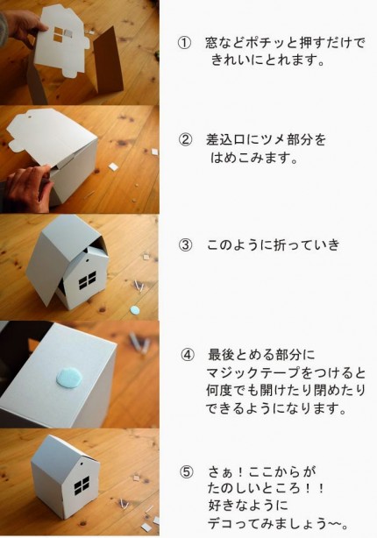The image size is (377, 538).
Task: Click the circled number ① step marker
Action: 184,43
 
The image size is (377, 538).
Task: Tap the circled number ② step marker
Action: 185,140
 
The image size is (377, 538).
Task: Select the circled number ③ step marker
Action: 185,245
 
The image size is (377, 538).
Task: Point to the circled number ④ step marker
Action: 188,355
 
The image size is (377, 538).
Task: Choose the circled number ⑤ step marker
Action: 187,472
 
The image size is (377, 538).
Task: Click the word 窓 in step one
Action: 212,43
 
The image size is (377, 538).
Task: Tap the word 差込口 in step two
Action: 225,140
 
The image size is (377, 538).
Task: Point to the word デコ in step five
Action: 222,524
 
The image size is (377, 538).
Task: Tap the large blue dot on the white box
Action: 69,378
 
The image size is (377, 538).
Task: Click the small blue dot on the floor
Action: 135,310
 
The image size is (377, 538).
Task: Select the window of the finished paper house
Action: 82,485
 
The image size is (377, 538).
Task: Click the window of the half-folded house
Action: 87,280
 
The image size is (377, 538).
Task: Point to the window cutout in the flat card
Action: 59,34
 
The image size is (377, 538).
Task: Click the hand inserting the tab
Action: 29,188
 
